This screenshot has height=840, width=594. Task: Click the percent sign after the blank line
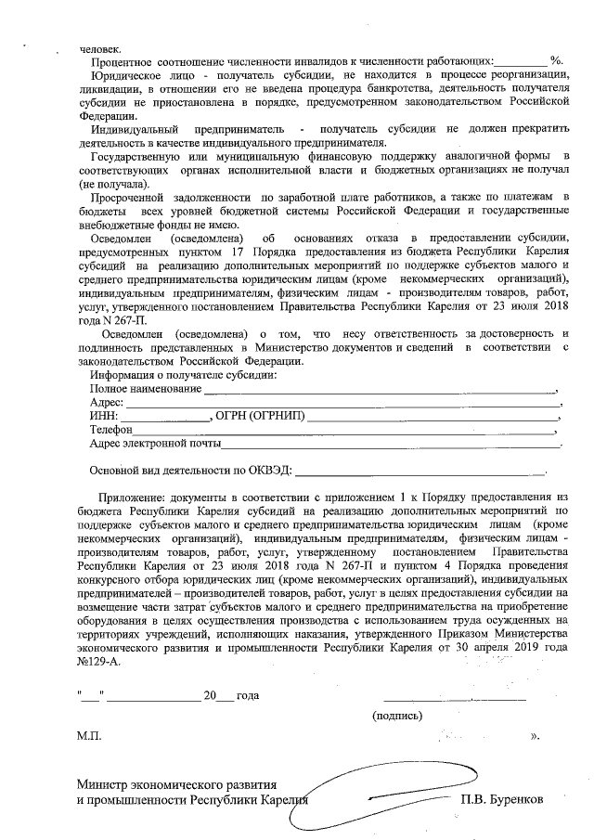[556, 59]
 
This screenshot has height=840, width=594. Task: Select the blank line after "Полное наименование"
[380, 390]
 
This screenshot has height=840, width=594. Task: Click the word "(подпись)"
[397, 716]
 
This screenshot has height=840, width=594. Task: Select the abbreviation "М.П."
[90, 736]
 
